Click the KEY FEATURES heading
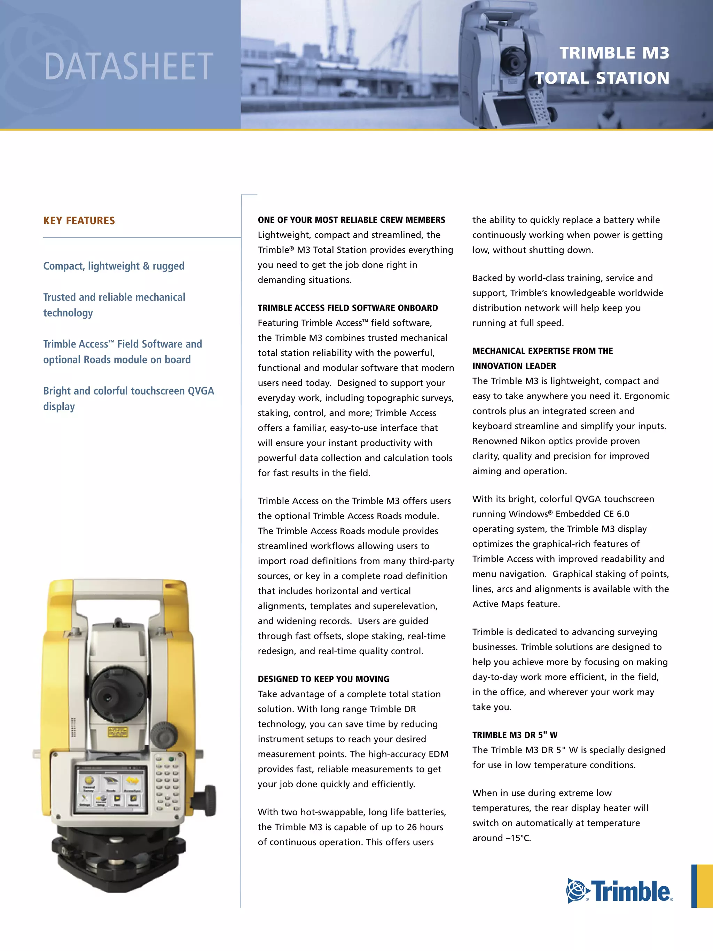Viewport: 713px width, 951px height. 79,220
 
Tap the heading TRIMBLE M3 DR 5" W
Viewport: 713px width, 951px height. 515,735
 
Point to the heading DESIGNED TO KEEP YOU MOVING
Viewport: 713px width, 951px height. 323,679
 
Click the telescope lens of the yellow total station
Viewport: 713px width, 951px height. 108,684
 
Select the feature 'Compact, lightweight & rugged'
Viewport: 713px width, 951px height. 113,266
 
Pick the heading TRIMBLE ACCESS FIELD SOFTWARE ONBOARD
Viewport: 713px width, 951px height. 348,308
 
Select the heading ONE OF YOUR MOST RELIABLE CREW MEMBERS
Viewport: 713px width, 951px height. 351,220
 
